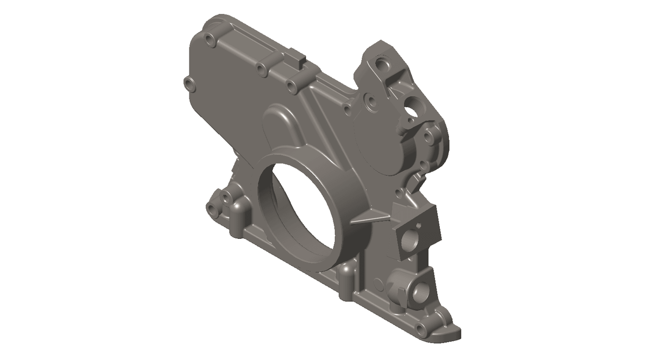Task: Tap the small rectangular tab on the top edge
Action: (x=298, y=55)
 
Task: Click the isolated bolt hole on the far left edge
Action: (x=188, y=83)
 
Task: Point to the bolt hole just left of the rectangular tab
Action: (x=262, y=68)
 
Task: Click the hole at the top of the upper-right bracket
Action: (x=383, y=63)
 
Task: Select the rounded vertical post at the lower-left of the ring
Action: (x=237, y=215)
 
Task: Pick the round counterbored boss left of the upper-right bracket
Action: (x=370, y=100)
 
